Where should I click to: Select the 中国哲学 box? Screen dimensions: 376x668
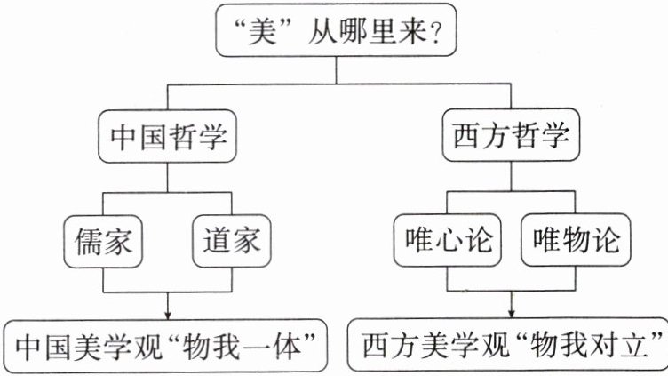169,138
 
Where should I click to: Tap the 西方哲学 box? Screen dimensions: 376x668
509,138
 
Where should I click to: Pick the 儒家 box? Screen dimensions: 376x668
104,239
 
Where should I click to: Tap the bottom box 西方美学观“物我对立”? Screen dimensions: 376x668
510,343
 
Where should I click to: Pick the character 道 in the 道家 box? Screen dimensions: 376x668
214,239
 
